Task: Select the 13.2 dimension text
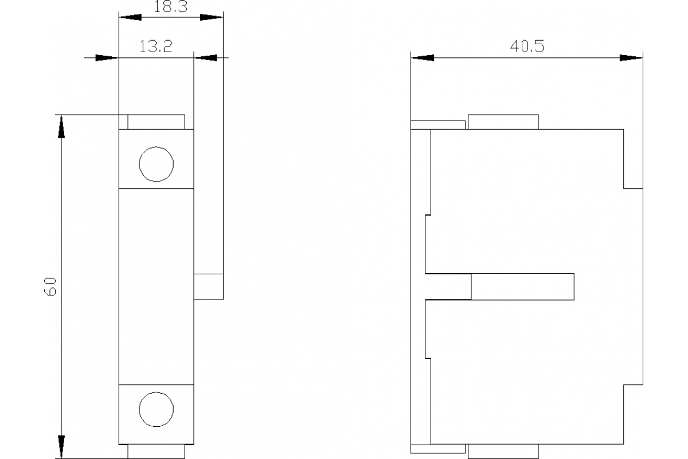click(x=156, y=47)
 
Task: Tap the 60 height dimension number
click(x=50, y=286)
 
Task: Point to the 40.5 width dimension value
click(x=527, y=46)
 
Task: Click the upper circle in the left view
click(x=156, y=164)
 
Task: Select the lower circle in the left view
click(x=156, y=409)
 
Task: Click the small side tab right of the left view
click(x=208, y=287)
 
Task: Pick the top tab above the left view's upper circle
click(x=156, y=122)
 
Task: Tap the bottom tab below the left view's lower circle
click(x=156, y=452)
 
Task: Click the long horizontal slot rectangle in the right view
click(x=522, y=287)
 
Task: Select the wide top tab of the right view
click(x=503, y=122)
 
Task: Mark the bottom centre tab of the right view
click(x=503, y=452)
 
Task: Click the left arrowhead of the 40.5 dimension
click(x=423, y=57)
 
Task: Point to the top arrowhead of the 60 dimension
click(x=61, y=127)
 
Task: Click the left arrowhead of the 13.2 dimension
click(x=106, y=57)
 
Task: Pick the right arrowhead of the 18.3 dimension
click(x=212, y=17)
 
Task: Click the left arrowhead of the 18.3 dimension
click(x=130, y=17)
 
